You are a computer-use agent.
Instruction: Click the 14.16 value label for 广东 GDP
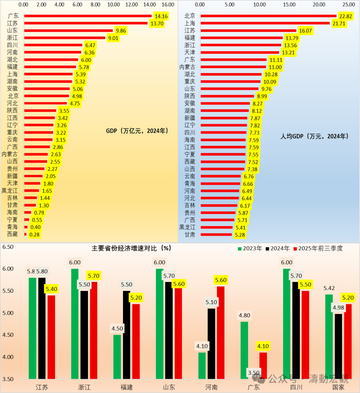click(x=161, y=16)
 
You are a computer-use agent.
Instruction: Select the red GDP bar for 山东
click(x=68, y=31)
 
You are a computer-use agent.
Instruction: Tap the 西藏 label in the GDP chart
click(x=12, y=234)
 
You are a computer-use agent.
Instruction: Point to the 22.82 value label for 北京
click(x=345, y=16)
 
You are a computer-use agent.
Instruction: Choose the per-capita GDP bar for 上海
click(x=265, y=23)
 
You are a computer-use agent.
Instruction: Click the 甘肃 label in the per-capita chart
click(x=190, y=235)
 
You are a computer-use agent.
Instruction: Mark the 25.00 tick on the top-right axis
click(x=349, y=5)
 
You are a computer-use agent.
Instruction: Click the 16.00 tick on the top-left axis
click(x=168, y=5)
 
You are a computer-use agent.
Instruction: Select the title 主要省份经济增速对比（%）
click(x=131, y=248)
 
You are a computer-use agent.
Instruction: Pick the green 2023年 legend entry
click(x=250, y=248)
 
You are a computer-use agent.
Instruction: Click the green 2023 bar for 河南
click(x=202, y=366)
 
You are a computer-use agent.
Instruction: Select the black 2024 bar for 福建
click(x=127, y=335)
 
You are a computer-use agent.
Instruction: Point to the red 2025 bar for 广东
click(x=263, y=366)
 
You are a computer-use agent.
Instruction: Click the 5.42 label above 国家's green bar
click(x=329, y=288)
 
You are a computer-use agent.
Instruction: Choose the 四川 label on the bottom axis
click(x=296, y=387)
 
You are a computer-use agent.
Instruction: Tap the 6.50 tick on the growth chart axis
click(x=8, y=247)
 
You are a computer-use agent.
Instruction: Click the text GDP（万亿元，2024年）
click(x=137, y=131)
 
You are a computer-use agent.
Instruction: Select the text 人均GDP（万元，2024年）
click(x=314, y=136)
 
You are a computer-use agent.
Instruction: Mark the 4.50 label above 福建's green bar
click(x=117, y=329)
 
